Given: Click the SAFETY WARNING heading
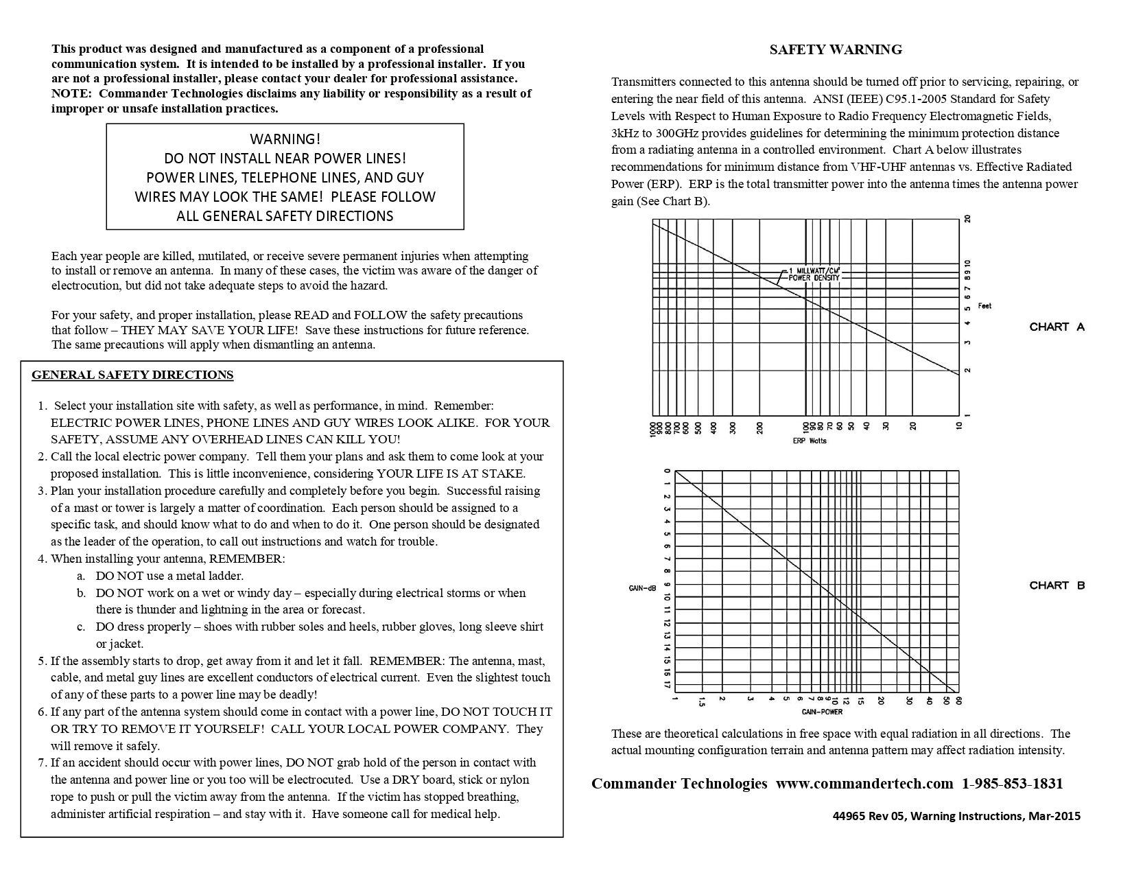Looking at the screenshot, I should tap(835, 49).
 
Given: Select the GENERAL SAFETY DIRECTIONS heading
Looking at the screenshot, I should tap(132, 375).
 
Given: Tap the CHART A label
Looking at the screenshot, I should tap(1057, 327).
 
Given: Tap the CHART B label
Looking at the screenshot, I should tap(1057, 585).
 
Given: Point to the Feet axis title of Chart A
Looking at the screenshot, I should tap(984, 306).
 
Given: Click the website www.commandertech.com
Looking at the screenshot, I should tap(864, 784).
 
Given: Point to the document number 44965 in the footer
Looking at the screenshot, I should tap(848, 816).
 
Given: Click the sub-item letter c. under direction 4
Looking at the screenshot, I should tap(81, 627).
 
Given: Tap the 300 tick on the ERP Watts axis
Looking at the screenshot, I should tap(733, 427).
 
